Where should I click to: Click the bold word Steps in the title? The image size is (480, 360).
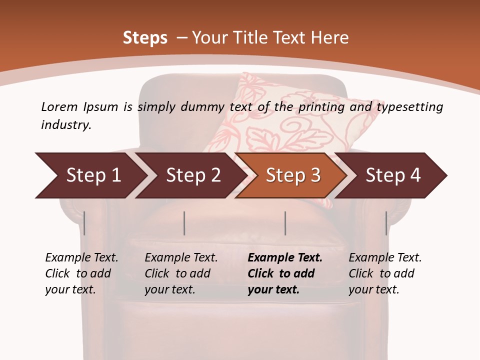click(x=145, y=38)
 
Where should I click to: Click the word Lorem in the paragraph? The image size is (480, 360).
click(x=59, y=106)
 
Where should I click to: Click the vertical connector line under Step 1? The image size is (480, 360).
click(x=84, y=223)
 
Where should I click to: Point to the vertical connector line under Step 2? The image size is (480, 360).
click(x=184, y=223)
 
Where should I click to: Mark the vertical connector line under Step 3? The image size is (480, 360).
click(x=285, y=223)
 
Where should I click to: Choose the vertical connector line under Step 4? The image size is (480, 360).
click(x=386, y=223)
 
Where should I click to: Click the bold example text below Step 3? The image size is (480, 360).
click(x=285, y=273)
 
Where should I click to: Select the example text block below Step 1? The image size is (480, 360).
click(x=81, y=273)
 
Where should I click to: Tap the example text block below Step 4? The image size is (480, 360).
click(x=385, y=273)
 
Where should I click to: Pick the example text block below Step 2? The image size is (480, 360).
click(x=181, y=273)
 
